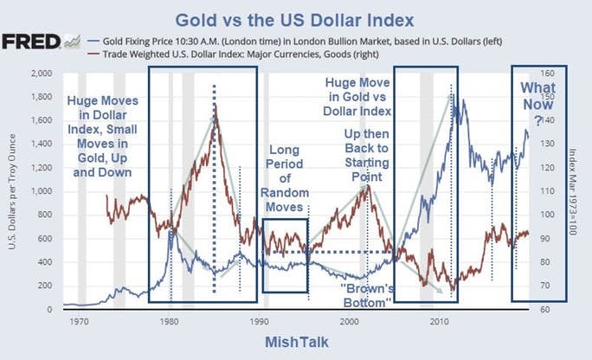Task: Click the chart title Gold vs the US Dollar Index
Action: click(x=296, y=18)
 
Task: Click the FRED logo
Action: click(x=31, y=42)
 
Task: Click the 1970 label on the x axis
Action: click(x=80, y=320)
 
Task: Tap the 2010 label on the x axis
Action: click(x=440, y=320)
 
